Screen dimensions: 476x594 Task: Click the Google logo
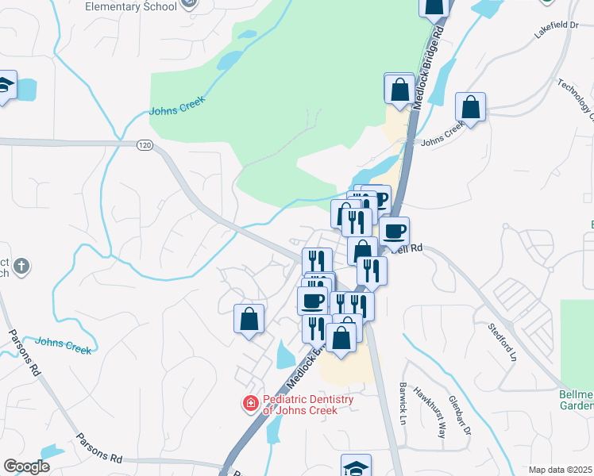[x=26, y=466]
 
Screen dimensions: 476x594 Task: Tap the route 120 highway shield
[x=144, y=146]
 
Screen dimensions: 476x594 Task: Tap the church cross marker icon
[x=21, y=267]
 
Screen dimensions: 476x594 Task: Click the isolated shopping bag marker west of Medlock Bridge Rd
[x=249, y=319]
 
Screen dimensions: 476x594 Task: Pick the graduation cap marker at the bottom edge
[x=357, y=466]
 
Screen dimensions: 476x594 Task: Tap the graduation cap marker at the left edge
[x=6, y=86]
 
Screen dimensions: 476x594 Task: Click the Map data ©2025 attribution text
[x=561, y=470]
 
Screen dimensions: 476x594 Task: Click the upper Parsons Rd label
[x=23, y=352]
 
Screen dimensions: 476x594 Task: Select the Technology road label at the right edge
[x=577, y=99]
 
